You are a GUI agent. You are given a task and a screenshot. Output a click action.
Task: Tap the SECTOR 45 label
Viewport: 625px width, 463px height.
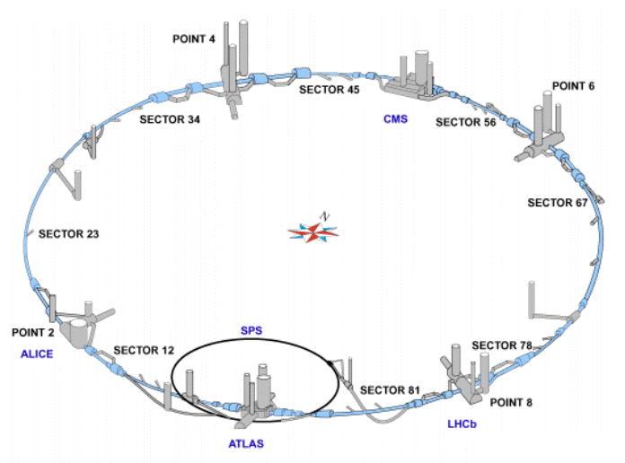tap(328, 88)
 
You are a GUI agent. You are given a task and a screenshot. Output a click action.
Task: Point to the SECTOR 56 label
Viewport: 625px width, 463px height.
tap(465, 122)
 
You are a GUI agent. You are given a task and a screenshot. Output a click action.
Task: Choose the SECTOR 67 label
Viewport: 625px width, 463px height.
tap(557, 203)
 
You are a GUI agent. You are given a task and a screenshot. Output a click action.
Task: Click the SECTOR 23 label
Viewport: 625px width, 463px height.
tap(67, 234)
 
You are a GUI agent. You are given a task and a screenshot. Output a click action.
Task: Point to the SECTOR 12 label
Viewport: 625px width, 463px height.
tap(144, 349)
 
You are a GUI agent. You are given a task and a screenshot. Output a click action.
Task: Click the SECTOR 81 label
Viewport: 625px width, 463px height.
tap(390, 389)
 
